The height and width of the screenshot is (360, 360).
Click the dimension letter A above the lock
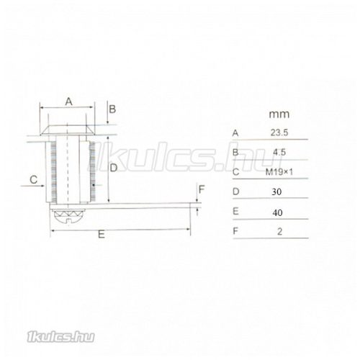[x=68, y=102]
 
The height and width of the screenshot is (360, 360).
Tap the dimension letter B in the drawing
[x=112, y=109]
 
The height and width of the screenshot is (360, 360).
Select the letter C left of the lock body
[x=34, y=179]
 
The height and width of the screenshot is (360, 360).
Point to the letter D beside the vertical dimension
[x=114, y=168]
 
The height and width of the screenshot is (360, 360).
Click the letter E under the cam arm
[x=102, y=234]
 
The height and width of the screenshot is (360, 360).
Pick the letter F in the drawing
[x=202, y=189]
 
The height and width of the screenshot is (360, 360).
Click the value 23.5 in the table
[x=279, y=132]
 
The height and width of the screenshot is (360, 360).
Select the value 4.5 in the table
[x=279, y=152]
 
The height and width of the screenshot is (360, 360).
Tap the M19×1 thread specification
[x=279, y=172]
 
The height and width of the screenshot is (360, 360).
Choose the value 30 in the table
[x=276, y=192]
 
